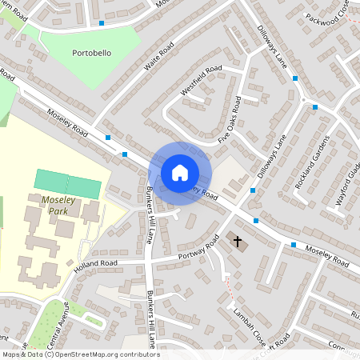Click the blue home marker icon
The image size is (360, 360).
tap(180, 173)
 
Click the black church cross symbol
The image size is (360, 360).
tap(236, 240)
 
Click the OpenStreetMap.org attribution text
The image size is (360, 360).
tap(105, 354)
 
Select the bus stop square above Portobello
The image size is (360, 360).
tap(102, 23)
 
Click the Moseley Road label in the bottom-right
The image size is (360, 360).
tap(325, 255)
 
